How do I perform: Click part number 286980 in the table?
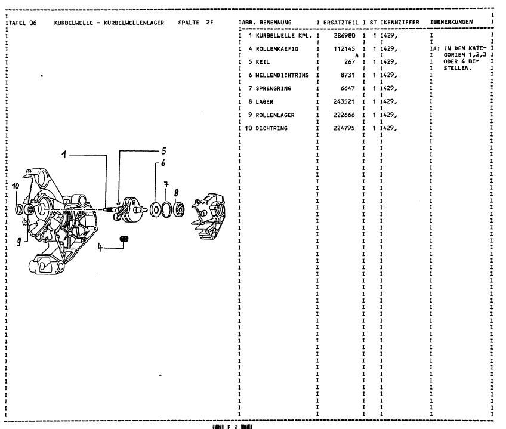(345, 36)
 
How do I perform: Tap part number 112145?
(347, 49)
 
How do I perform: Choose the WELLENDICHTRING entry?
(282, 75)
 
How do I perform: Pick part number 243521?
(345, 101)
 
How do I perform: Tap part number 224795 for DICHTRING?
(345, 128)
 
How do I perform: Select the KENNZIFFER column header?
(401, 22)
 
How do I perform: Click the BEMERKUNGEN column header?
(453, 22)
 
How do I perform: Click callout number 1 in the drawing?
(63, 154)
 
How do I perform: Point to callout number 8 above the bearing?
(177, 192)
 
